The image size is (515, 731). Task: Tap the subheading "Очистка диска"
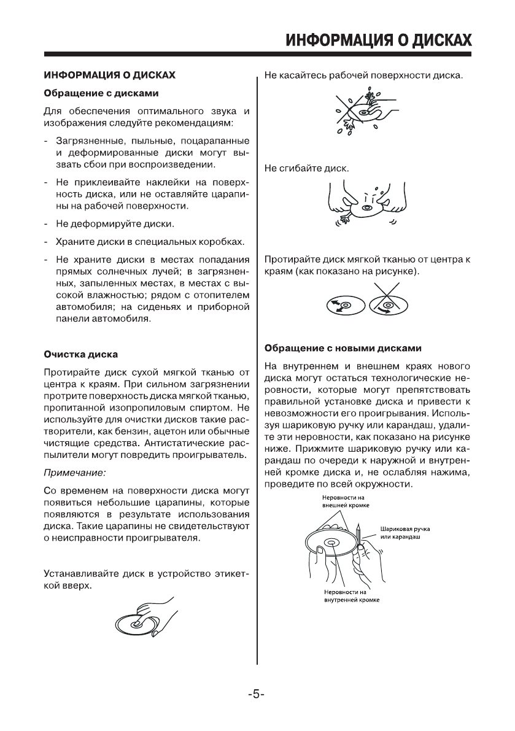point(80,355)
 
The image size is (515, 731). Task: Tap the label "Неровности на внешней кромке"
point(344,499)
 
